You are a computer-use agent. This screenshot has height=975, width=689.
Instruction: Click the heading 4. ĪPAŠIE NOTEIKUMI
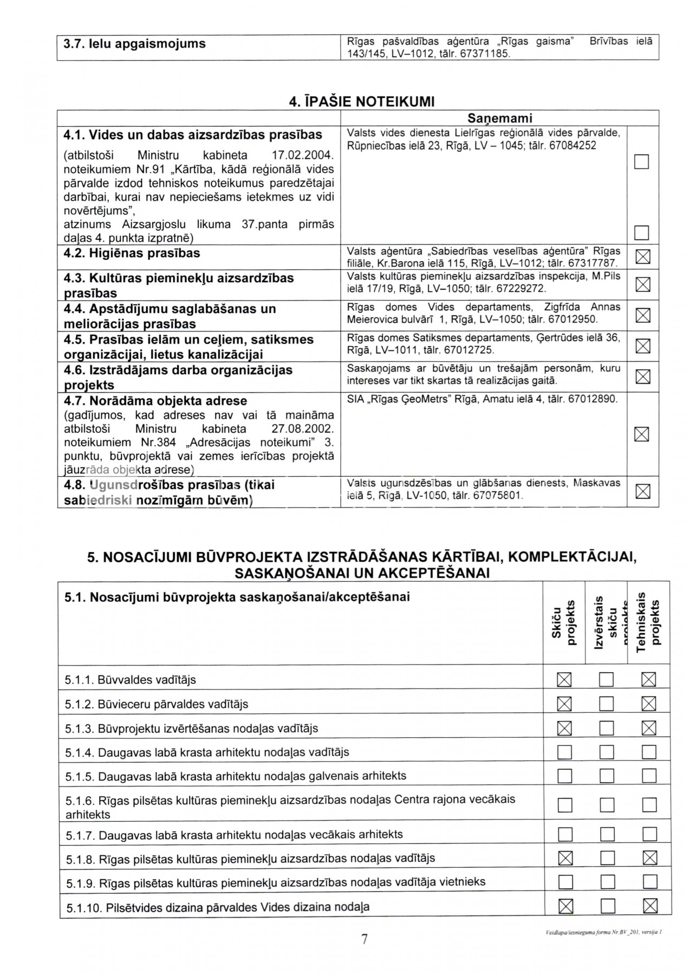[x=362, y=101]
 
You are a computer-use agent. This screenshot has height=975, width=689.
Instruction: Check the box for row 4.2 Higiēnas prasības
[x=642, y=257]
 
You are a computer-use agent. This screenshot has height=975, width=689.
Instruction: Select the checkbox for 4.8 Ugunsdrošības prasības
[x=642, y=491]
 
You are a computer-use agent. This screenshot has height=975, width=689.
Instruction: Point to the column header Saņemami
[x=499, y=118]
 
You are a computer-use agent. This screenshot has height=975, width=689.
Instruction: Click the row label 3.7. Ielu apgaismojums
[x=134, y=43]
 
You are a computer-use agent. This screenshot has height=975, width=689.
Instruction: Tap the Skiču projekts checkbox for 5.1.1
[x=564, y=679]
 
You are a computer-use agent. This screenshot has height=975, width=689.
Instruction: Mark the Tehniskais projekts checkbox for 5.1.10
[x=649, y=906]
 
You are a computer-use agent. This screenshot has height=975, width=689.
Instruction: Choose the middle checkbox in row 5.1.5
[x=607, y=776]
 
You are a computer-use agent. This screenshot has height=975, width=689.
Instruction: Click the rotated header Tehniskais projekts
[x=648, y=623]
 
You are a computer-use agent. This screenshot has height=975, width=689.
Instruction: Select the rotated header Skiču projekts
[x=564, y=623]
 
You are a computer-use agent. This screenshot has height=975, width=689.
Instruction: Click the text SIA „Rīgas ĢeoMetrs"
[x=399, y=399]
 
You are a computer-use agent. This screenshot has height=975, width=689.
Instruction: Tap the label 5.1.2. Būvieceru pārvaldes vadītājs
[x=157, y=704]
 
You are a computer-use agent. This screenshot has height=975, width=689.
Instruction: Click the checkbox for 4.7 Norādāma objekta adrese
[x=642, y=434]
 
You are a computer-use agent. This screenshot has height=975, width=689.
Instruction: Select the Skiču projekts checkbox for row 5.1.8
[x=564, y=858]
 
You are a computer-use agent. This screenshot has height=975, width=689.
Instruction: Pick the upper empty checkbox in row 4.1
[x=641, y=161]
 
